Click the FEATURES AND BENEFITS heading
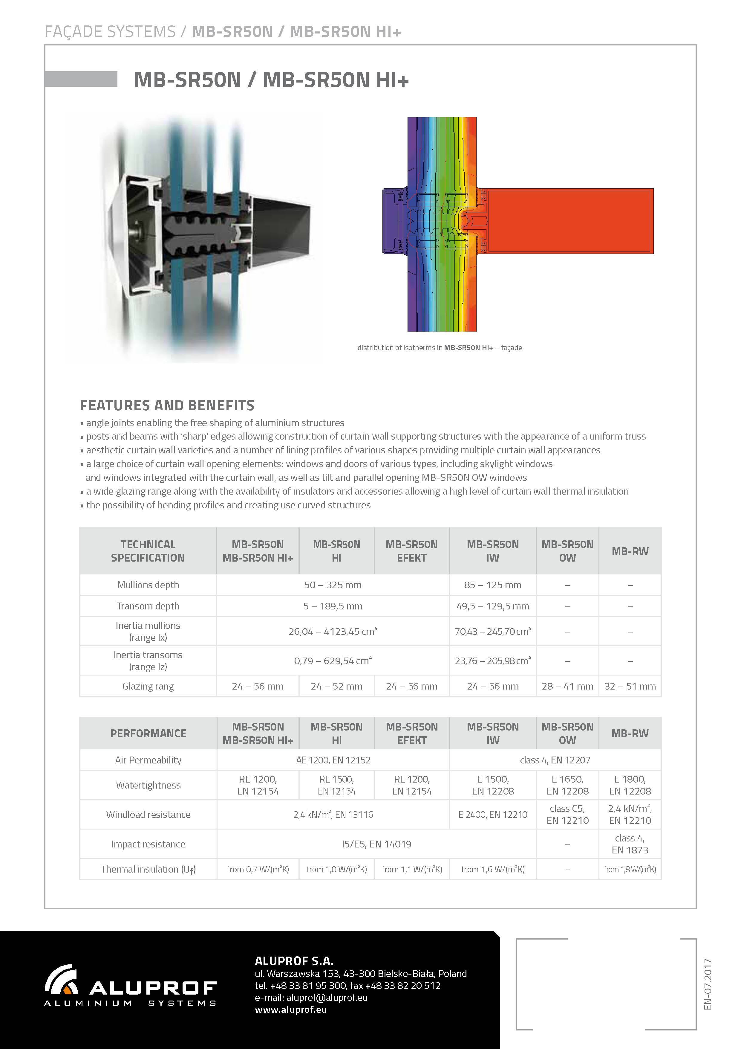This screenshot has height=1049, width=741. click(x=167, y=405)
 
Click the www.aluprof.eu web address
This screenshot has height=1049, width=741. click(x=290, y=1009)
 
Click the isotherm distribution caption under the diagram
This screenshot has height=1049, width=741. click(x=439, y=348)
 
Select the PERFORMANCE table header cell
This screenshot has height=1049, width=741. click(x=148, y=733)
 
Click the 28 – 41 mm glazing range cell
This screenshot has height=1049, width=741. click(x=567, y=686)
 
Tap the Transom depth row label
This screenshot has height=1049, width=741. click(x=148, y=606)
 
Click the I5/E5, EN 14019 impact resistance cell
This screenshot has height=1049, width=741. click(x=376, y=844)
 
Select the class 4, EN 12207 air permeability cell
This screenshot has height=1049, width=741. click(x=555, y=760)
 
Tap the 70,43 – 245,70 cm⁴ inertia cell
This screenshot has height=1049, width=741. click(x=493, y=632)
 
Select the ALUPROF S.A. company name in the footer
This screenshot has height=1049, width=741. click(x=294, y=960)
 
